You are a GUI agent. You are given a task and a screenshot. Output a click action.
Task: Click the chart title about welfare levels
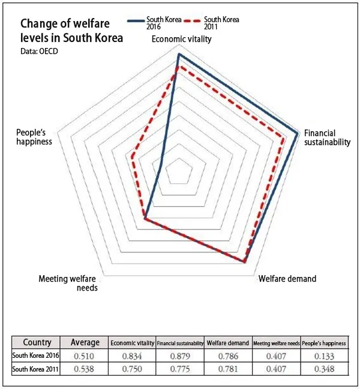tap(71, 31)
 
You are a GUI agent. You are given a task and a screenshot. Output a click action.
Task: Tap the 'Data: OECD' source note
tap(40, 51)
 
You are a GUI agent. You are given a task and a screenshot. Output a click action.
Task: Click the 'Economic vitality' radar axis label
tap(182, 40)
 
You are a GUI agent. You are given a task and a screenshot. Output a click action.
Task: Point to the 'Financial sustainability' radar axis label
tap(327, 137)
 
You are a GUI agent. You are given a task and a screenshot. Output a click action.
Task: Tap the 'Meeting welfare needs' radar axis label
tap(68, 283)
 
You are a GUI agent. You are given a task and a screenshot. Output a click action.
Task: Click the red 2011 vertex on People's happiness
tap(131, 157)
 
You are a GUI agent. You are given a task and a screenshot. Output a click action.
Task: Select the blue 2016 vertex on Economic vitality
tap(179, 54)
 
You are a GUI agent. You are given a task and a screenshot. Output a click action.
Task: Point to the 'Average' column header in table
tap(85, 342)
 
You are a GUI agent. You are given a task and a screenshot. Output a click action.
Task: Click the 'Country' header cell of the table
tap(37, 342)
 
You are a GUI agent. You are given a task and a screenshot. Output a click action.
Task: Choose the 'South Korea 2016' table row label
tap(37, 356)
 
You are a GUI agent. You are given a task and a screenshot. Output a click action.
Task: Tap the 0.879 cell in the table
tap(179, 356)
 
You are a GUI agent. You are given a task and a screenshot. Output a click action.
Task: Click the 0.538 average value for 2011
tap(85, 369)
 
